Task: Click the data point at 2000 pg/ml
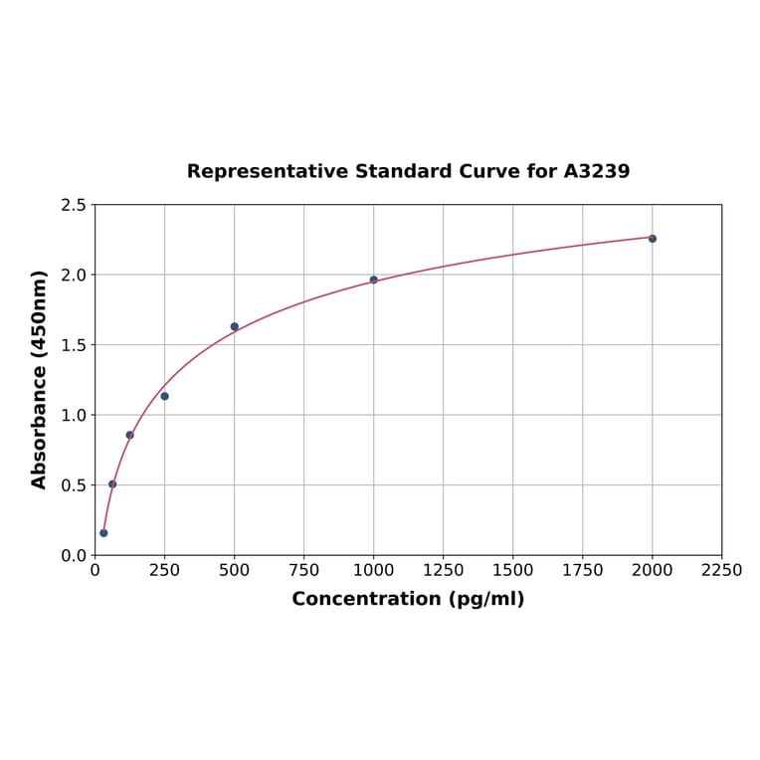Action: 653,239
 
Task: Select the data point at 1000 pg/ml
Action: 374,280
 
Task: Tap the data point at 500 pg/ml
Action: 235,326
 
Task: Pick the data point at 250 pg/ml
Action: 165,396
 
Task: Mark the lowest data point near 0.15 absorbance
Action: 103,533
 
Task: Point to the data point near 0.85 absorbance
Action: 130,435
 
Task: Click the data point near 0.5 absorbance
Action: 112,484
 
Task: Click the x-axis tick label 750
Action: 304,571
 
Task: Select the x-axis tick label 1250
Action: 444,571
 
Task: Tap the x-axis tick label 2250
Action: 722,571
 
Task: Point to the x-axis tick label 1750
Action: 583,571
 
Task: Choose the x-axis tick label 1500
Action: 513,571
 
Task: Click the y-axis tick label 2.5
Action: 74,205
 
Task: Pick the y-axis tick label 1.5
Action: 74,345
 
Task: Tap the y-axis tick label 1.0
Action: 74,415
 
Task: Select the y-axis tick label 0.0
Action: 74,555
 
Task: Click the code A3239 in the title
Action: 597,172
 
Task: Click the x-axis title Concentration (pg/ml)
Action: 408,600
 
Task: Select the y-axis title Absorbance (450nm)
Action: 40,380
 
